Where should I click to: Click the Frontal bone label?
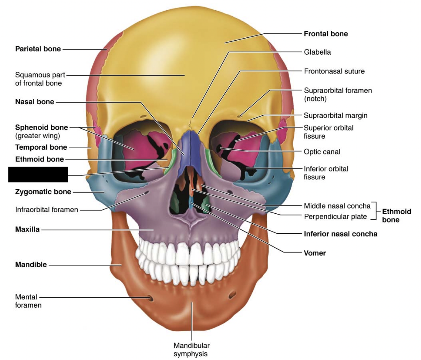(x=326, y=34)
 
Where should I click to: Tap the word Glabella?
(x=317, y=52)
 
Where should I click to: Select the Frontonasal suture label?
(x=334, y=71)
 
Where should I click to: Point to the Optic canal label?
(x=322, y=152)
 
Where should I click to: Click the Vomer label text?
(x=314, y=253)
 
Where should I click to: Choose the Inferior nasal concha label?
(x=340, y=234)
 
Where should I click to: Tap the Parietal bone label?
(x=38, y=49)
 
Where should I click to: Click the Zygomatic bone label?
(x=43, y=192)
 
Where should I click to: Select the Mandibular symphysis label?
(x=191, y=349)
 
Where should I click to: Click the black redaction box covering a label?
(x=38, y=174)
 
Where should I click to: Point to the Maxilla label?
(x=27, y=229)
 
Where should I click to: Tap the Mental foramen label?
(x=28, y=301)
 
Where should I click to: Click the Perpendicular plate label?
(x=335, y=216)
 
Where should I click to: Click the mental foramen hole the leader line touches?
(x=151, y=299)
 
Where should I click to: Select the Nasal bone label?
(x=35, y=102)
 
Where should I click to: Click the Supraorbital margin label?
(x=335, y=115)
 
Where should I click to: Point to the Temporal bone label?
(x=41, y=147)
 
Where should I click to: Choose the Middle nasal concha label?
(x=337, y=206)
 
